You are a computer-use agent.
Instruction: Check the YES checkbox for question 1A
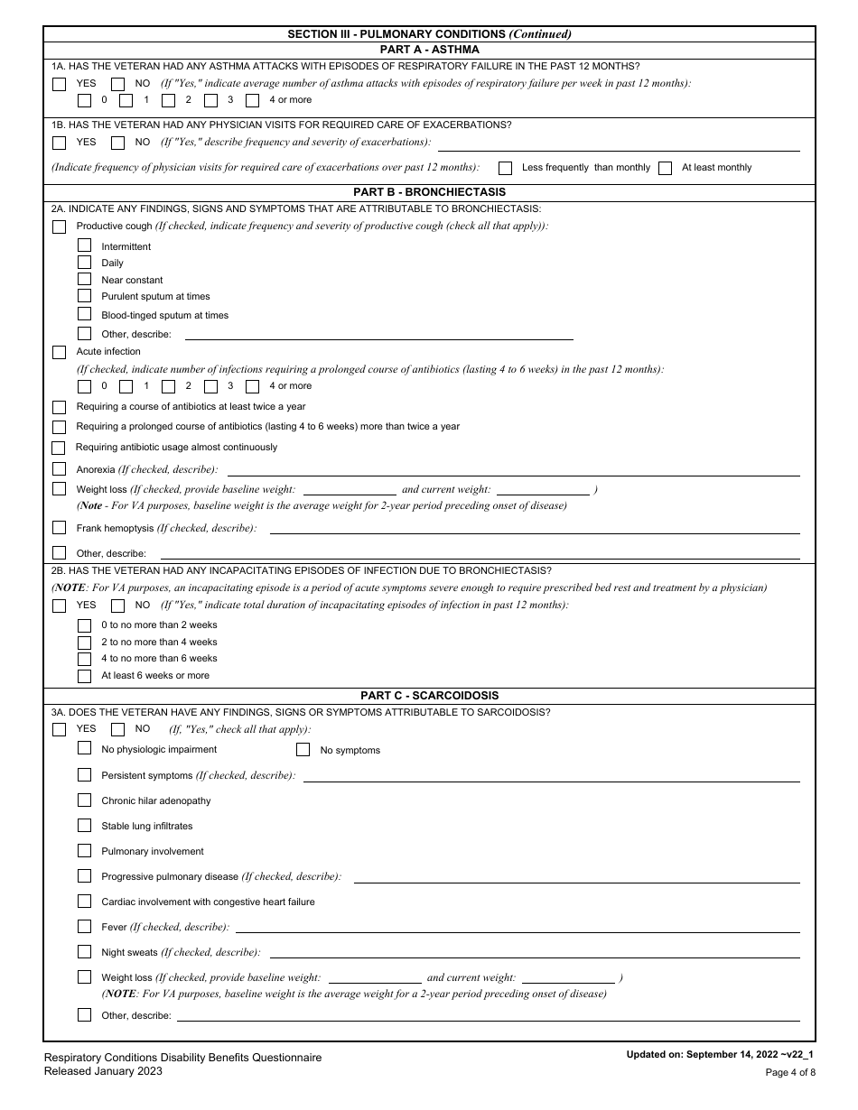(59, 84)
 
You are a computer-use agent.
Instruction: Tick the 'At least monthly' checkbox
(666, 168)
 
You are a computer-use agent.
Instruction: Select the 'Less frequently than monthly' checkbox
(506, 168)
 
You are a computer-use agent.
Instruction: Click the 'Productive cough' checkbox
(59, 227)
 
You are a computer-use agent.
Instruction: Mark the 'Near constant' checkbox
(84, 280)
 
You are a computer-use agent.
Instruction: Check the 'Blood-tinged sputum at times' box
(84, 315)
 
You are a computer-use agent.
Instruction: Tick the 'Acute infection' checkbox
(59, 352)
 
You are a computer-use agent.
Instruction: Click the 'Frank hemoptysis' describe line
(534, 529)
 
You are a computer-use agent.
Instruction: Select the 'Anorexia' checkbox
(59, 469)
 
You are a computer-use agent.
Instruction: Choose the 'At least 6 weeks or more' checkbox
(84, 676)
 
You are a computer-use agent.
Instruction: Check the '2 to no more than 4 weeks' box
(84, 643)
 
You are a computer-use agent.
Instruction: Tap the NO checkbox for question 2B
(117, 606)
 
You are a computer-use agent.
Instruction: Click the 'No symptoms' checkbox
(303, 750)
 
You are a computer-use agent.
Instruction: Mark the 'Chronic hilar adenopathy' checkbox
(84, 800)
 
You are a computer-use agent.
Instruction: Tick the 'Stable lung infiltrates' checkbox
(84, 826)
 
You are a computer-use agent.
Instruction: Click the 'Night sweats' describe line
(534, 953)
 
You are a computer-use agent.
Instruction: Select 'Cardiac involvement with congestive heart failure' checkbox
(84, 902)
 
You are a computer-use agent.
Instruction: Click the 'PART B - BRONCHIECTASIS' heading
(429, 192)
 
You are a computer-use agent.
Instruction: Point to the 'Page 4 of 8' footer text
(790, 1073)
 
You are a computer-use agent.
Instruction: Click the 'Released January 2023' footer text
(103, 1071)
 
